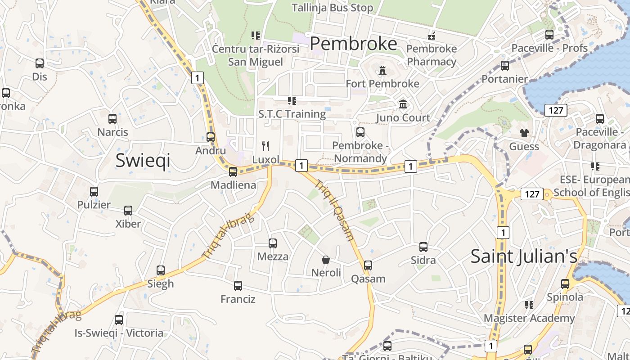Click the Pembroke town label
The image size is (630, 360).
tap(354, 44)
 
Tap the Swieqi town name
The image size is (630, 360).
tap(143, 160)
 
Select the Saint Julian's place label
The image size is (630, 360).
tap(524, 256)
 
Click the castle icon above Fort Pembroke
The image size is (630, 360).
tap(382, 71)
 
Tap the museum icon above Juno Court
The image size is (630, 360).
tap(403, 104)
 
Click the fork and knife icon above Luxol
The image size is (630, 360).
tap(265, 146)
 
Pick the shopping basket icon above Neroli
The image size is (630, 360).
tap(326, 260)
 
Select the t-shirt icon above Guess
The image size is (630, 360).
tap(524, 133)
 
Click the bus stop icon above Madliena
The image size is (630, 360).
tap(233, 172)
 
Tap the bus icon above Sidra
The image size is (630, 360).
tap(423, 247)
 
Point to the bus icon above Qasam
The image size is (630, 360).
tap(368, 265)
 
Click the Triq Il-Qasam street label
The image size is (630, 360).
tap(335, 210)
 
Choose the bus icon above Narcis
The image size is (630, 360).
tap(112, 119)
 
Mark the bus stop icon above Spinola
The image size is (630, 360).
tap(565, 284)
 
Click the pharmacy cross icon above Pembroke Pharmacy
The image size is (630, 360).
tap(432, 36)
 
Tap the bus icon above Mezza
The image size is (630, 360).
tap(273, 243)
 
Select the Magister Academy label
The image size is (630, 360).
tap(529, 318)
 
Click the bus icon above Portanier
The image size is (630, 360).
tap(505, 66)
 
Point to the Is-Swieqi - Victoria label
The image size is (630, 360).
tap(119, 333)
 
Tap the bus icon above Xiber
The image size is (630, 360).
tap(128, 211)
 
